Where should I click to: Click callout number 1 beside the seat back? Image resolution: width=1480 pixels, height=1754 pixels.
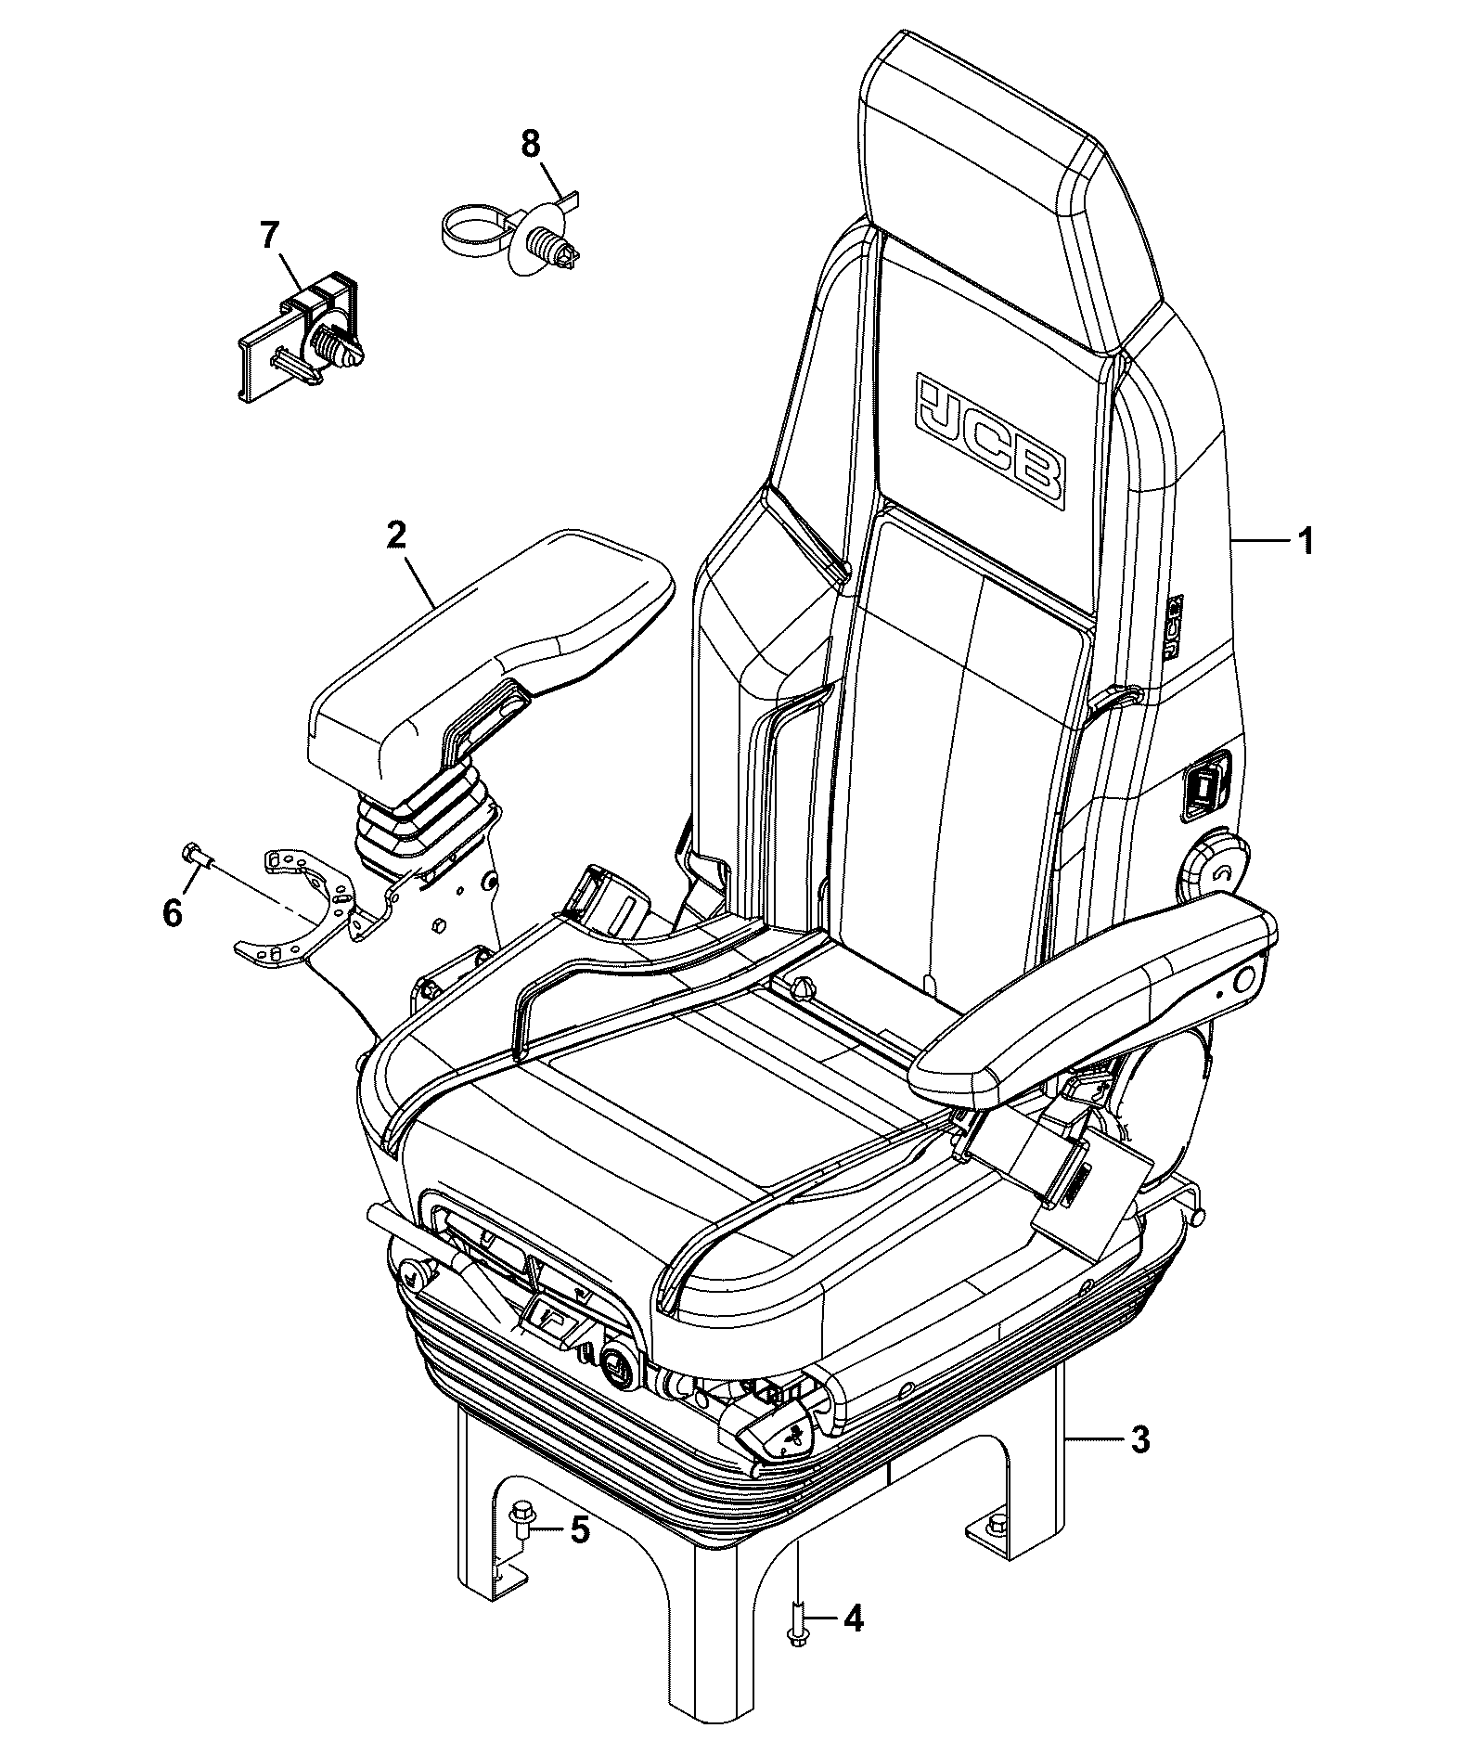pos(1306,540)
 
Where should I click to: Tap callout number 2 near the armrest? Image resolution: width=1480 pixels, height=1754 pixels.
pos(396,535)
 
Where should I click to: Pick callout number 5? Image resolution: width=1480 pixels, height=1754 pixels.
pos(579,1529)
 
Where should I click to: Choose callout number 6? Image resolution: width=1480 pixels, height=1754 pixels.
pos(173,913)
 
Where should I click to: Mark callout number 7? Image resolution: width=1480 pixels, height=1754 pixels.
pos(268,236)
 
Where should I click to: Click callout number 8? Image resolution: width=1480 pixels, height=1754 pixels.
pos(530,144)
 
